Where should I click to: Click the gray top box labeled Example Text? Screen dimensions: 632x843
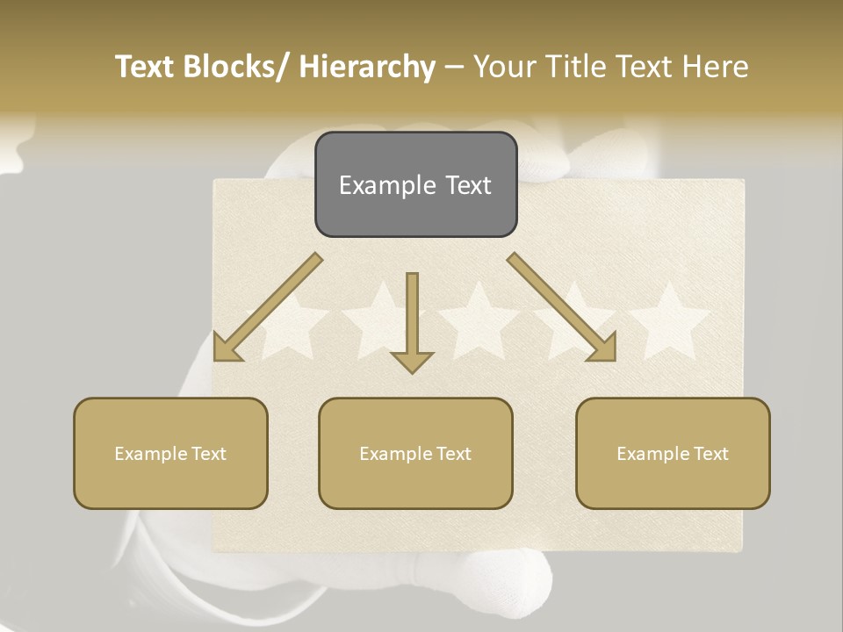[x=415, y=184]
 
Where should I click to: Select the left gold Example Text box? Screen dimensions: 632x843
[x=170, y=453]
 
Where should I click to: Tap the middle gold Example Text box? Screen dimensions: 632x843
[x=415, y=453]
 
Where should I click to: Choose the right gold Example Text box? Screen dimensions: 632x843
[x=673, y=453]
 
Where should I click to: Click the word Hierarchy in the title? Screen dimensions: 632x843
[x=367, y=67]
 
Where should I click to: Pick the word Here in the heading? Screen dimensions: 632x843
[x=717, y=67]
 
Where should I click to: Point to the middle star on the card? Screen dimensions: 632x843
[x=479, y=320]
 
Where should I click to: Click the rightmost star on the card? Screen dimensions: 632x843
[x=670, y=320]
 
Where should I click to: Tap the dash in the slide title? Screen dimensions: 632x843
[x=454, y=68]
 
